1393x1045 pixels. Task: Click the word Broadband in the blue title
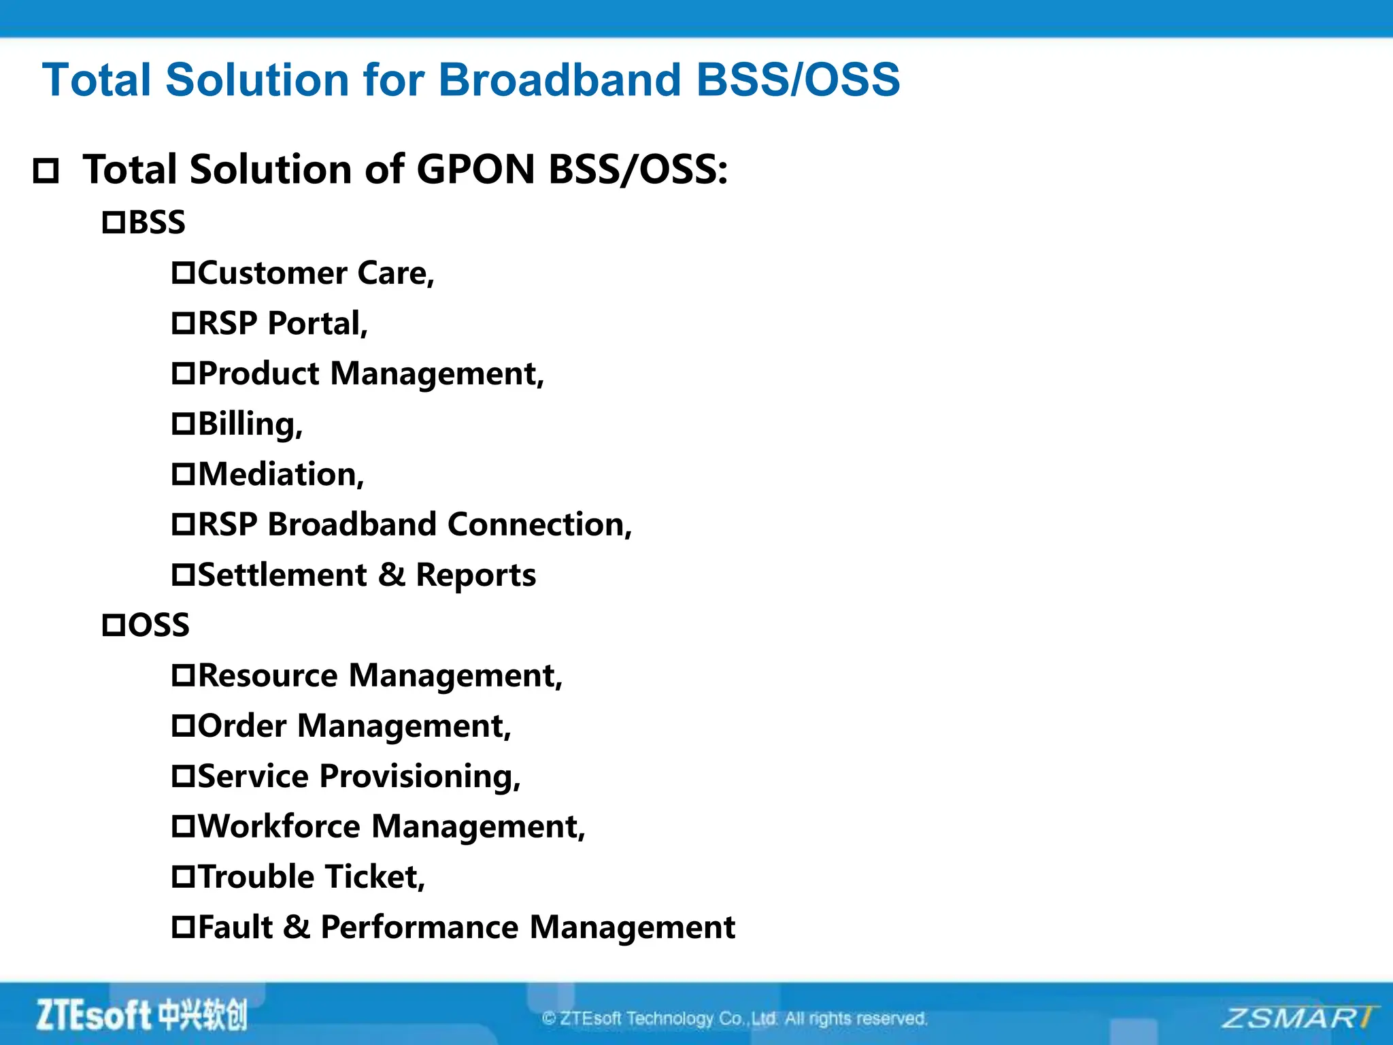click(559, 80)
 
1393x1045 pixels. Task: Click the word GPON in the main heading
click(475, 169)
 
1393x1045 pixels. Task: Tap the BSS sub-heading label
click(156, 222)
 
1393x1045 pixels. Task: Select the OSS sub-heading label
click(158, 625)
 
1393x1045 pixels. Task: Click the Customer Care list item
click(315, 273)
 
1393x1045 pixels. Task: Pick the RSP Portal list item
click(282, 323)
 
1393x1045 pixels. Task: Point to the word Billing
click(249, 424)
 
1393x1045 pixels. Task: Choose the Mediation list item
click(280, 474)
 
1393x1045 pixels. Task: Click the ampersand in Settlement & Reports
click(391, 575)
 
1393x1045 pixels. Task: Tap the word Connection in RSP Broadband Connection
click(539, 525)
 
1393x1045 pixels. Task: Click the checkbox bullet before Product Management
click(183, 374)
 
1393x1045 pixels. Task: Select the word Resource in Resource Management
click(267, 676)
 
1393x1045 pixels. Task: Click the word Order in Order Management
click(241, 726)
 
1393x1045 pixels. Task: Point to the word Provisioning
click(420, 776)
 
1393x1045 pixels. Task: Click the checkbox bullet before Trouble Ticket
click(183, 877)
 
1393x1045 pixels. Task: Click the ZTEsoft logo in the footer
click(141, 1015)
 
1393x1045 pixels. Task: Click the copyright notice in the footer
click(735, 1018)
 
